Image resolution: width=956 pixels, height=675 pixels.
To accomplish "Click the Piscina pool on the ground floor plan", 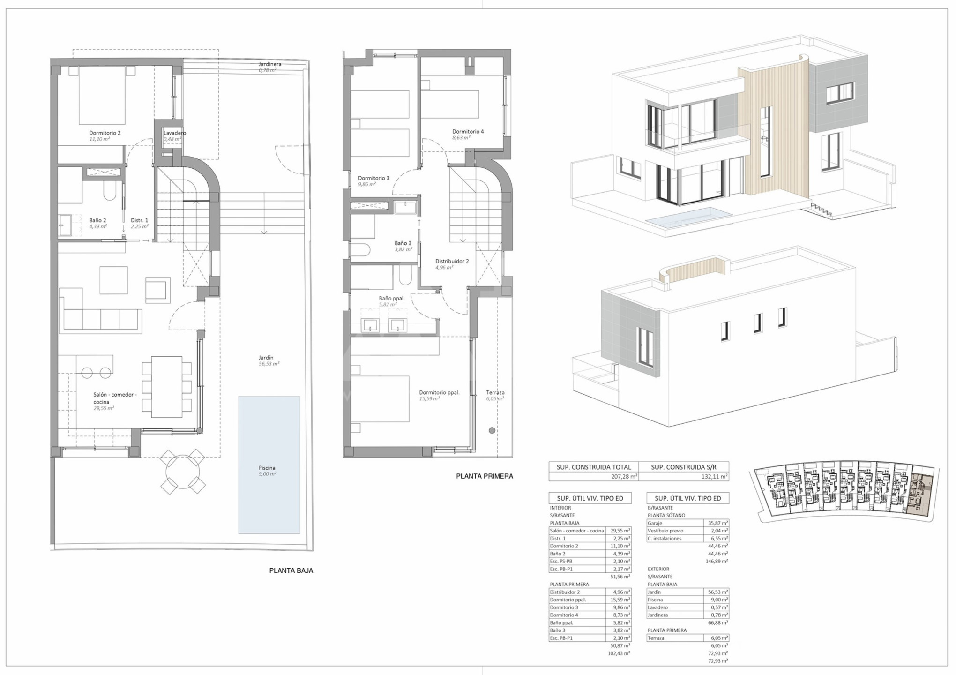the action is (x=269, y=465).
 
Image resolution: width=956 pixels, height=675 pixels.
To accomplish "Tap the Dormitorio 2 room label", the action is (x=105, y=133).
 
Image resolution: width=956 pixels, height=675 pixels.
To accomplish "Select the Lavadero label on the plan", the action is (x=174, y=133).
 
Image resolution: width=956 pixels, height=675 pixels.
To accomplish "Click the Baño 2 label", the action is (x=97, y=220).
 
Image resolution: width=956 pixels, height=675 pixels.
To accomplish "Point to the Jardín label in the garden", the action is (x=266, y=358).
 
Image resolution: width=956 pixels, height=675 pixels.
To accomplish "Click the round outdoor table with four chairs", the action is (x=183, y=472).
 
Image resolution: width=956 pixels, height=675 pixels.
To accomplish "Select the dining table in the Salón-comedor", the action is (x=167, y=387).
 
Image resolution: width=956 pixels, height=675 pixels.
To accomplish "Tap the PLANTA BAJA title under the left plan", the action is (x=291, y=570).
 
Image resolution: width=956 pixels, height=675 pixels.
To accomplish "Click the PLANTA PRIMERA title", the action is (x=485, y=476).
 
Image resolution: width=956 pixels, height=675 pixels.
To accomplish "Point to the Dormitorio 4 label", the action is (x=468, y=132).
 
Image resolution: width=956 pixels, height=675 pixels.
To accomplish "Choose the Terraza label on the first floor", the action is (x=495, y=393).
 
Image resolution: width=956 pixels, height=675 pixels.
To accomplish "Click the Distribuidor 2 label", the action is (x=452, y=262).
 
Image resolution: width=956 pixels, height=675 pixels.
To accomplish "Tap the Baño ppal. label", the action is (x=392, y=298).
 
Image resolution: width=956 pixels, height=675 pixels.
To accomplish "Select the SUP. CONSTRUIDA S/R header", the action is (x=684, y=467).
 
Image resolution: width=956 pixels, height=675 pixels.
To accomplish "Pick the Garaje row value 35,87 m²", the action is (x=718, y=523).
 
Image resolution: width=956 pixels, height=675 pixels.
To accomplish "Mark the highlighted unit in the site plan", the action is (x=919, y=495).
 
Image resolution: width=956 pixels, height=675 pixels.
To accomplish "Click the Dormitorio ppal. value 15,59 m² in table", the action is (x=620, y=600).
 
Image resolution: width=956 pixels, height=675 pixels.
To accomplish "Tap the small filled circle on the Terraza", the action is (x=492, y=430).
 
